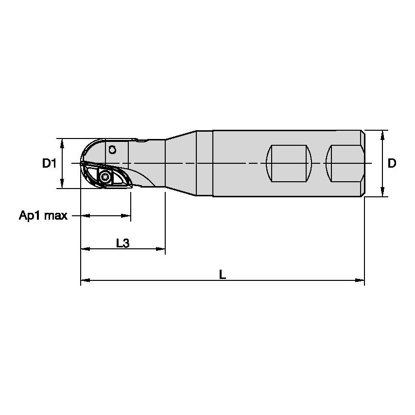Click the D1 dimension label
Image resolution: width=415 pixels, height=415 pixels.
(x=49, y=164)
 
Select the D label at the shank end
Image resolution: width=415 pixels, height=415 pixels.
(x=392, y=164)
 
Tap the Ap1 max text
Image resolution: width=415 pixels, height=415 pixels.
(x=43, y=215)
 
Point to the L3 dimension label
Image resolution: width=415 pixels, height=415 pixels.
(x=122, y=243)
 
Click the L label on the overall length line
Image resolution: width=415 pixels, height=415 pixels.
(x=222, y=275)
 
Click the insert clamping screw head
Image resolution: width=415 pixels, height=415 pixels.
(x=104, y=176)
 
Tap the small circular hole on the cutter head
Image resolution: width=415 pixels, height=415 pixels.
(x=112, y=150)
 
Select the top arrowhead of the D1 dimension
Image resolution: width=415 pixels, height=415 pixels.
(x=62, y=142)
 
